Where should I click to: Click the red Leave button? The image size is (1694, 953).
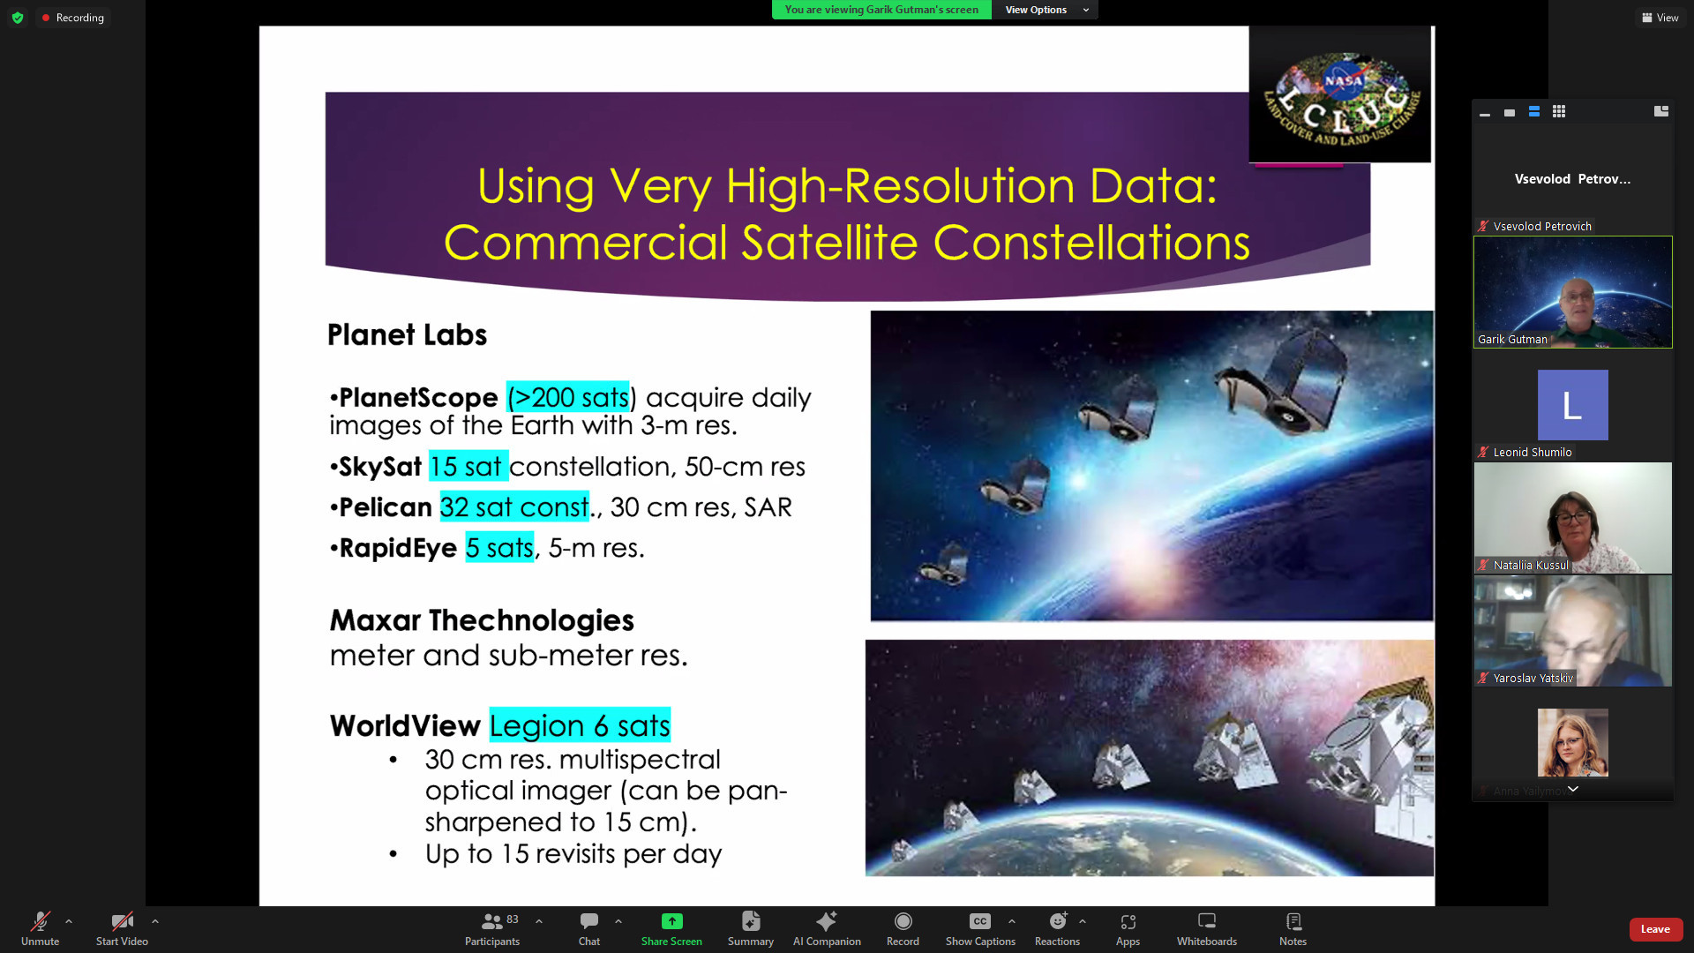click(x=1655, y=929)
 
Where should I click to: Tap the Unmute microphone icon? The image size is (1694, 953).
click(x=41, y=921)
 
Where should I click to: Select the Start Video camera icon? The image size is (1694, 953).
click(x=122, y=921)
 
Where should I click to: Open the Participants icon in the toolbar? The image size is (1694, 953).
click(x=491, y=921)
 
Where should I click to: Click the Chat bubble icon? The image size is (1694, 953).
click(x=589, y=921)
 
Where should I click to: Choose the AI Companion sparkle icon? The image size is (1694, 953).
click(x=827, y=921)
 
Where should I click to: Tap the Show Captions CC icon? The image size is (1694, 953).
click(x=980, y=921)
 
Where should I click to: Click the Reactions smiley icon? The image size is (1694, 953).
click(x=1058, y=921)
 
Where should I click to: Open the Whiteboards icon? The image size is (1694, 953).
click(x=1207, y=921)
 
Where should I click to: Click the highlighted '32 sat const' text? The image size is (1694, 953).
click(x=514, y=507)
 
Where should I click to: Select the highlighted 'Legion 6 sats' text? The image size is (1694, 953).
click(x=580, y=725)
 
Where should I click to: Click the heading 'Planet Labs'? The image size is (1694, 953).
click(x=407, y=335)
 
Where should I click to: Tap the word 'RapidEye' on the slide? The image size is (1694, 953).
click(x=398, y=548)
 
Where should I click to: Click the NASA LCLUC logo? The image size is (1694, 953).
click(x=1340, y=94)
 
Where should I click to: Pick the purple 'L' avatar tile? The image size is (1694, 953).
click(x=1572, y=405)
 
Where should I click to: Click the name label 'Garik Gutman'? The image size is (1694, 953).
click(x=1512, y=340)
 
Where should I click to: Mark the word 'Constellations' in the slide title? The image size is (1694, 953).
click(x=1091, y=243)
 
